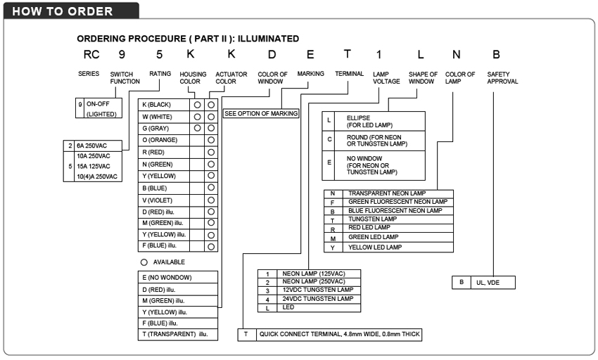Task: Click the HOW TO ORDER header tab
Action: [63, 11]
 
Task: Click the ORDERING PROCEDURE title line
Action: [188, 39]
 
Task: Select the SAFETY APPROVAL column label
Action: [502, 77]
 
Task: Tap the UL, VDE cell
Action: [491, 283]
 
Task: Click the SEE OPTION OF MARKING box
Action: [261, 113]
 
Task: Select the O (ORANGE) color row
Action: [165, 140]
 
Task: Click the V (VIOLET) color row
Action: [165, 200]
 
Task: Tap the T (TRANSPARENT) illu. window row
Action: [177, 335]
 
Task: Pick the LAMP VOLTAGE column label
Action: [386, 77]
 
